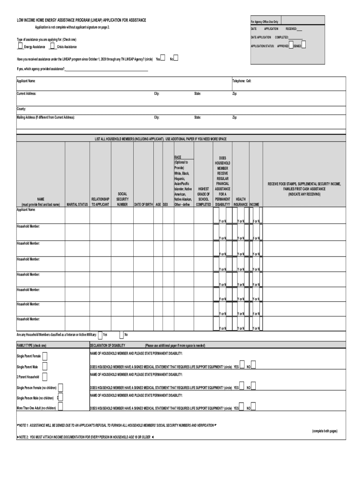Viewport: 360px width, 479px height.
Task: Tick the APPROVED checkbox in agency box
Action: coord(291,45)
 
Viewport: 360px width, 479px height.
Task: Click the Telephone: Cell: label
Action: coord(242,81)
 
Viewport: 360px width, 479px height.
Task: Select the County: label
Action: coord(22,109)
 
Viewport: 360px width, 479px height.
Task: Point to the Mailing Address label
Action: coord(46,117)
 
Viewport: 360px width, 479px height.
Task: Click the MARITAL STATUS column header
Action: coord(77,204)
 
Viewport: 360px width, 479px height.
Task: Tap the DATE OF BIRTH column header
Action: coord(144,204)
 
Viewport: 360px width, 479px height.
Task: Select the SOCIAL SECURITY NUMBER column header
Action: coord(122,199)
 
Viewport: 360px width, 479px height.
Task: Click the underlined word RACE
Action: coord(178,158)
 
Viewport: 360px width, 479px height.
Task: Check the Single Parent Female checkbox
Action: coord(45,356)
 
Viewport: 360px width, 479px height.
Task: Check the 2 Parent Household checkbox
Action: coord(43,377)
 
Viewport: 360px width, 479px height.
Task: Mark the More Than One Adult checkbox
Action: coord(60,408)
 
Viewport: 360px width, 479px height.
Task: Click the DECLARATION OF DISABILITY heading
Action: coord(108,345)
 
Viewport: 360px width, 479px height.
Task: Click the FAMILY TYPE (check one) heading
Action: coord(32,345)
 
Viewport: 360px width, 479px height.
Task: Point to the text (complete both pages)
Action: coord(324,431)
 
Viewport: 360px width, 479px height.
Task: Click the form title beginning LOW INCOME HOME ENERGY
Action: coord(82,20)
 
